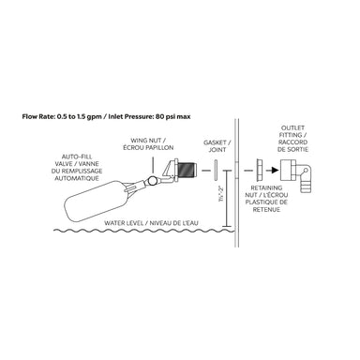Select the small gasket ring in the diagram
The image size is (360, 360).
(x=216, y=172)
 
